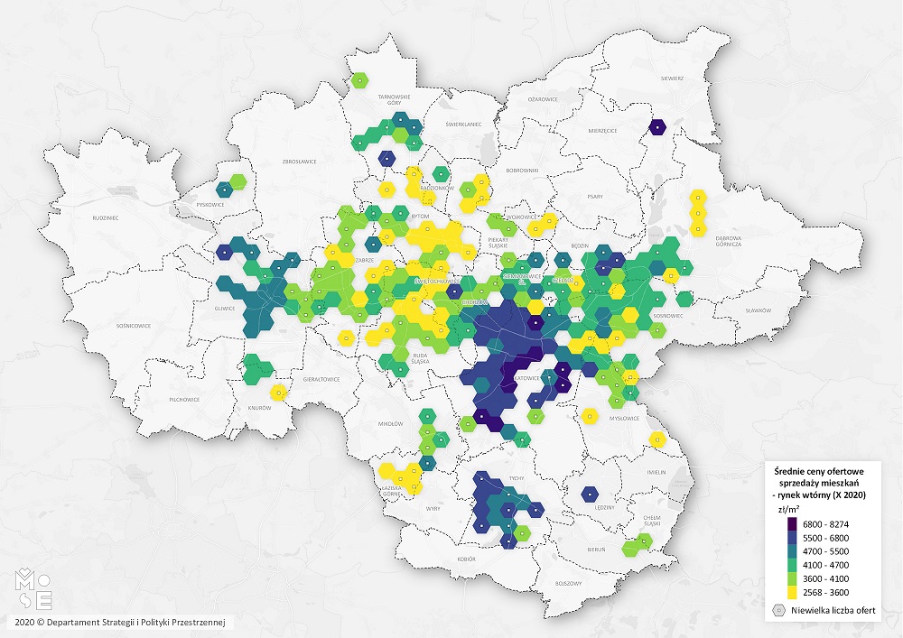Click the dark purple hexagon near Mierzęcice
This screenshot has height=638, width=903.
click(x=658, y=127)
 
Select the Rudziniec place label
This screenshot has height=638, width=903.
click(x=106, y=218)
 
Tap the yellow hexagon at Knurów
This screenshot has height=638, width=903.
click(x=279, y=393)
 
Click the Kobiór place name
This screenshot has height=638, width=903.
click(x=466, y=559)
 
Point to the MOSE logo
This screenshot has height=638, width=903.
click(x=37, y=587)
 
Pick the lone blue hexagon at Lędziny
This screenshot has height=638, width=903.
click(x=589, y=494)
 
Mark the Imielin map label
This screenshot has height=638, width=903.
click(x=656, y=472)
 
